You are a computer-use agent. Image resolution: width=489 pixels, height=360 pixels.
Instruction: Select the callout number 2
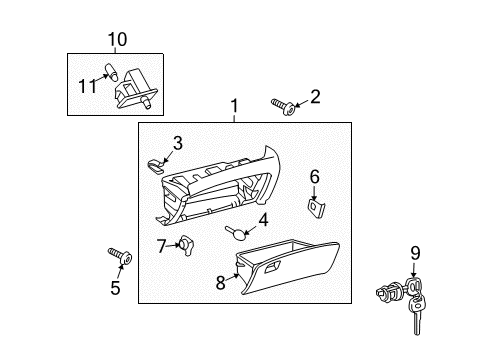[x=315, y=96]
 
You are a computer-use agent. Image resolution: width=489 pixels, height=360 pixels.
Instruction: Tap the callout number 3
[x=177, y=142]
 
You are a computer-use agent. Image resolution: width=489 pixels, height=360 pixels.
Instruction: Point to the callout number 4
[x=264, y=219]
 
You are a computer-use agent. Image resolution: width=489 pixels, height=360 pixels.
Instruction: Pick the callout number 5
[x=115, y=289]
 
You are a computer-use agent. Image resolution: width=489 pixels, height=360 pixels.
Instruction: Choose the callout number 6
[x=314, y=177]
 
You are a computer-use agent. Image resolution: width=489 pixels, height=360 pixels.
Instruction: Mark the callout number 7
[x=162, y=244]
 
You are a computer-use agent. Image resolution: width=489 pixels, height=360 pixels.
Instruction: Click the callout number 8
[x=221, y=283]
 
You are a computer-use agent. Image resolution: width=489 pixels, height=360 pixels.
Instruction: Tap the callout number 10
[x=118, y=39]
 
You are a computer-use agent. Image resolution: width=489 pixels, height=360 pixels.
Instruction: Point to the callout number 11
[x=87, y=85]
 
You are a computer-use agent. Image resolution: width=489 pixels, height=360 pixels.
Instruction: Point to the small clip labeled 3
[x=153, y=162]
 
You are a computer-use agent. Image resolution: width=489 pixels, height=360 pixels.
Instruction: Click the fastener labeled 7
[x=186, y=245]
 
